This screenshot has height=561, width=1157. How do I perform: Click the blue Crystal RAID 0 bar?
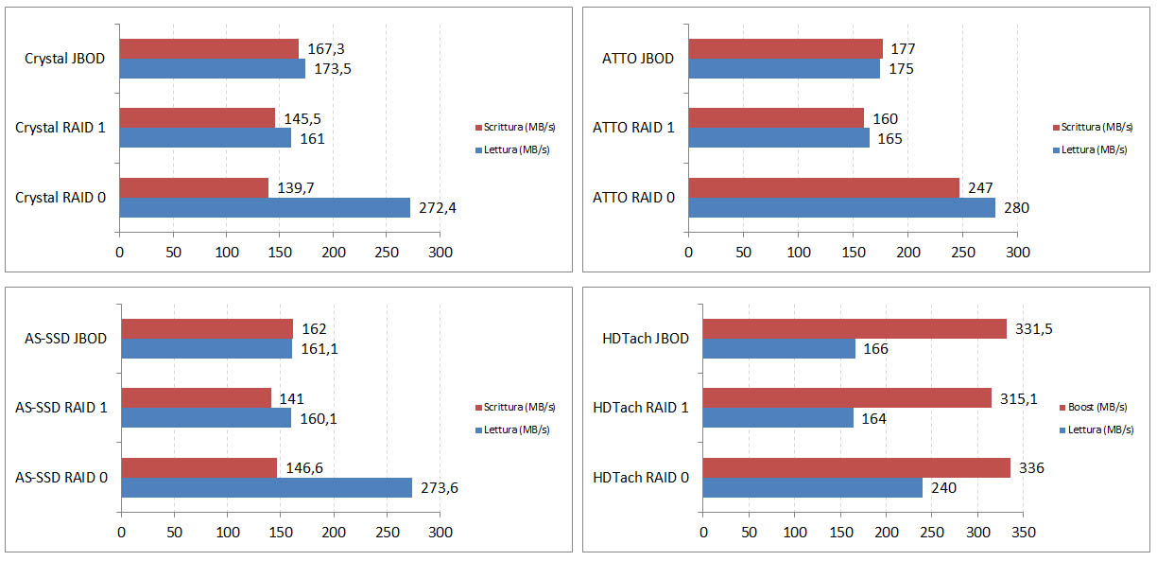(265, 207)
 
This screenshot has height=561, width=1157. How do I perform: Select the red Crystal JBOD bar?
(209, 48)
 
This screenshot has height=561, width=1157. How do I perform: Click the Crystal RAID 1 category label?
(60, 128)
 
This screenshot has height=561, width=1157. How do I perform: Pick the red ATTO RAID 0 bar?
(823, 187)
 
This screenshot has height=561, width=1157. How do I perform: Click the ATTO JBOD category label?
(638, 59)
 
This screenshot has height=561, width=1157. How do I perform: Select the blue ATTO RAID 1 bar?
(779, 138)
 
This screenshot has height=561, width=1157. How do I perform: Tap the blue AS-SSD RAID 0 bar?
(267, 487)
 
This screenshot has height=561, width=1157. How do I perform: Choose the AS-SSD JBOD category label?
(60, 338)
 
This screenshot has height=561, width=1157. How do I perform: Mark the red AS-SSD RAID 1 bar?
(196, 397)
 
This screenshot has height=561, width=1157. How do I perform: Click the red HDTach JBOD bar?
(855, 328)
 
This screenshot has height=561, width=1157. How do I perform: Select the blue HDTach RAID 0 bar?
(812, 488)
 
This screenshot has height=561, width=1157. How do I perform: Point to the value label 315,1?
(1019, 398)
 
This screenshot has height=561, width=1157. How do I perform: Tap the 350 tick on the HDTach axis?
(1023, 533)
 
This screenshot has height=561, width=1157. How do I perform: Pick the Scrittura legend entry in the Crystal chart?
(515, 128)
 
